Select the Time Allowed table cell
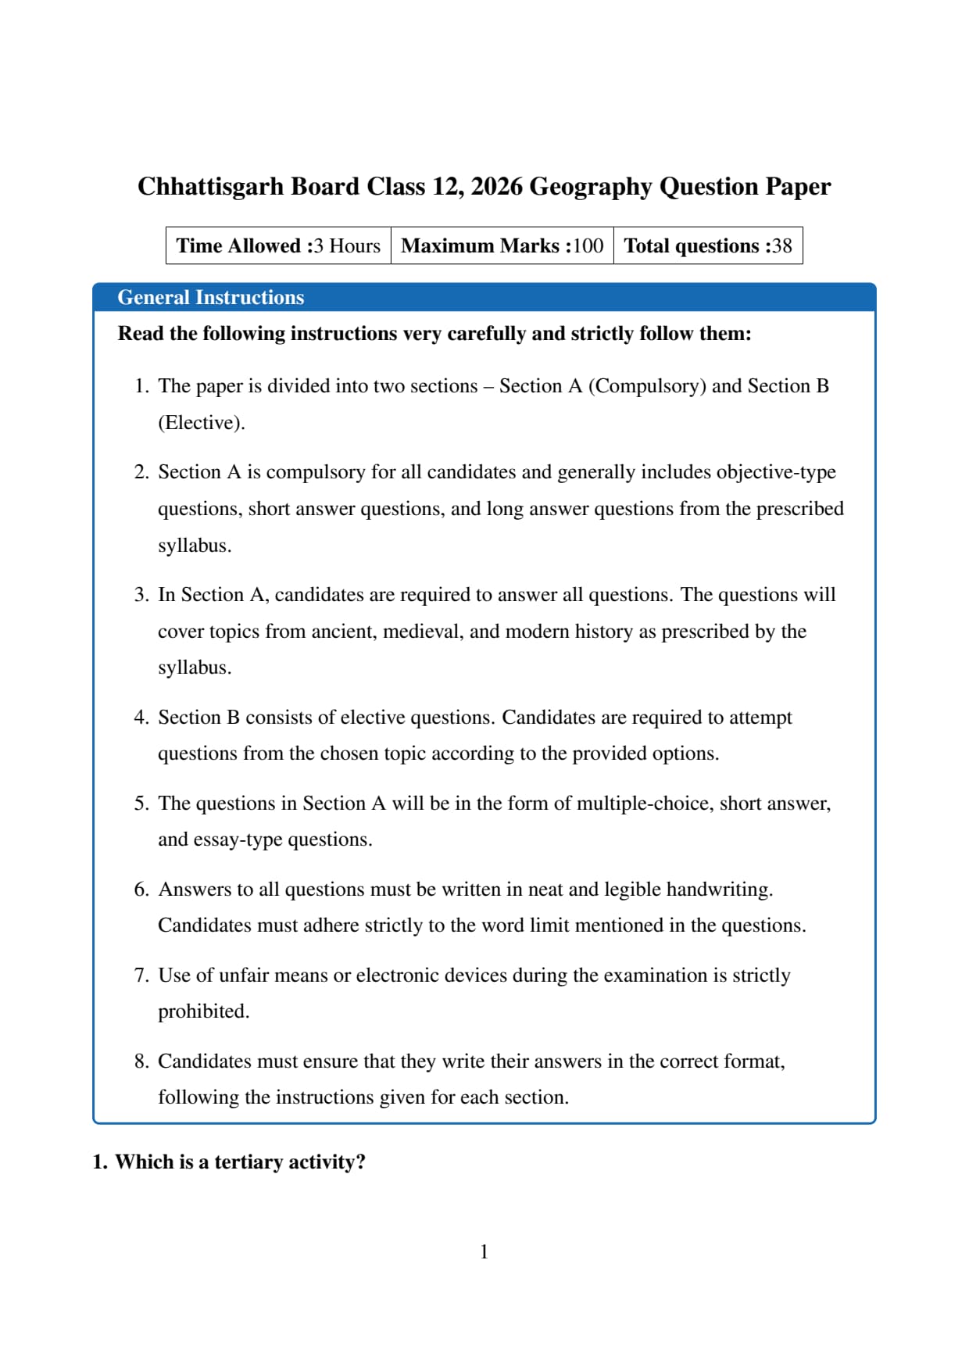click(278, 246)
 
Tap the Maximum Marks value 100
click(588, 246)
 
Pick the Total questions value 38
click(782, 246)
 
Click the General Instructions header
click(210, 298)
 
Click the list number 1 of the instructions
click(141, 386)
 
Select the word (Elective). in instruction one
click(202, 423)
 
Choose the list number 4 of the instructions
click(141, 718)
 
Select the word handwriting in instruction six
click(719, 890)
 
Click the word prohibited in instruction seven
click(203, 1011)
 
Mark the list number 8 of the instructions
click(141, 1061)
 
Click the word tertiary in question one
click(249, 1162)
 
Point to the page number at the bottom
click(484, 1252)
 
